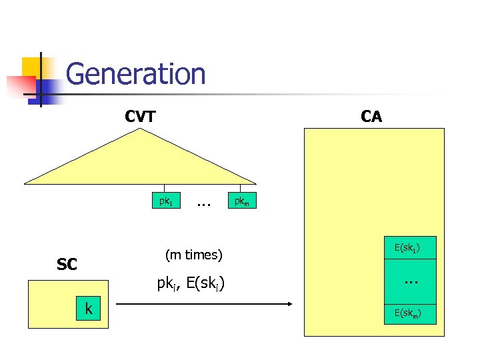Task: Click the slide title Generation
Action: [x=136, y=74]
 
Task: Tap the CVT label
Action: [x=140, y=117]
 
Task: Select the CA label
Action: [x=371, y=117]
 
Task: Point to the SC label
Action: [x=67, y=265]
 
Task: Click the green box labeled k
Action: [x=88, y=308]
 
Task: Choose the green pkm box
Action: [x=241, y=200]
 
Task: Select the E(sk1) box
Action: [x=411, y=248]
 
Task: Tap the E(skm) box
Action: [x=411, y=313]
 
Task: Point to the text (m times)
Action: [x=193, y=255]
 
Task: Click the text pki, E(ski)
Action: [x=191, y=284]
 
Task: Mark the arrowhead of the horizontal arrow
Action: [x=291, y=305]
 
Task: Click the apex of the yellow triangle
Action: [x=141, y=129]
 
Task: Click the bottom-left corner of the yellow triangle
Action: [x=25, y=183]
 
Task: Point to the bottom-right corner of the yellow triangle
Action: [x=257, y=183]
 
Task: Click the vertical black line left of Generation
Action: [x=41, y=79]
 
